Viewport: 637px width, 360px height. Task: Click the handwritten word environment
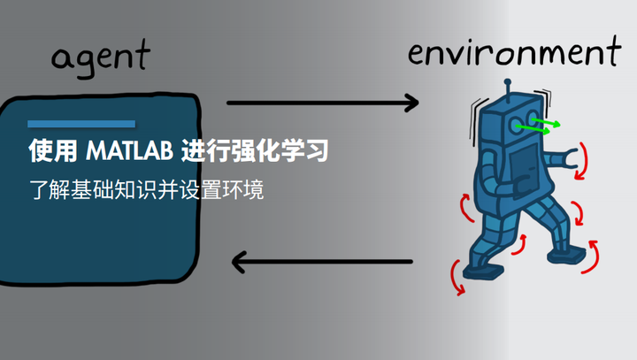(x=513, y=53)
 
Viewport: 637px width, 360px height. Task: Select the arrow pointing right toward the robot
(x=322, y=103)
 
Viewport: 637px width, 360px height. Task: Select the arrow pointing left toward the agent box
(x=322, y=261)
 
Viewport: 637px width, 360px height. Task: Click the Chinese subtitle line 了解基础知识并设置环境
(x=146, y=190)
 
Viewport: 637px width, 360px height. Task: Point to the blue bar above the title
(x=81, y=123)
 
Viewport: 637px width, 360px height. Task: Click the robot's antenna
(x=507, y=88)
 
